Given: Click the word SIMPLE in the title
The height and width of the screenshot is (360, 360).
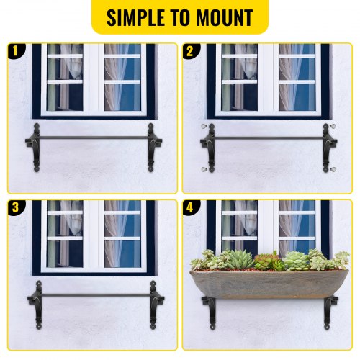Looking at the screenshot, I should [x=138, y=18].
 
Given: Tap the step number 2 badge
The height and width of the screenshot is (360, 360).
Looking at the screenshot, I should [x=190, y=50].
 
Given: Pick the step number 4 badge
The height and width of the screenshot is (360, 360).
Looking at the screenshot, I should [x=190, y=207].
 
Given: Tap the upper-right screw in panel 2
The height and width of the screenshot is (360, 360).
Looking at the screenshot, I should [x=336, y=127].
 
